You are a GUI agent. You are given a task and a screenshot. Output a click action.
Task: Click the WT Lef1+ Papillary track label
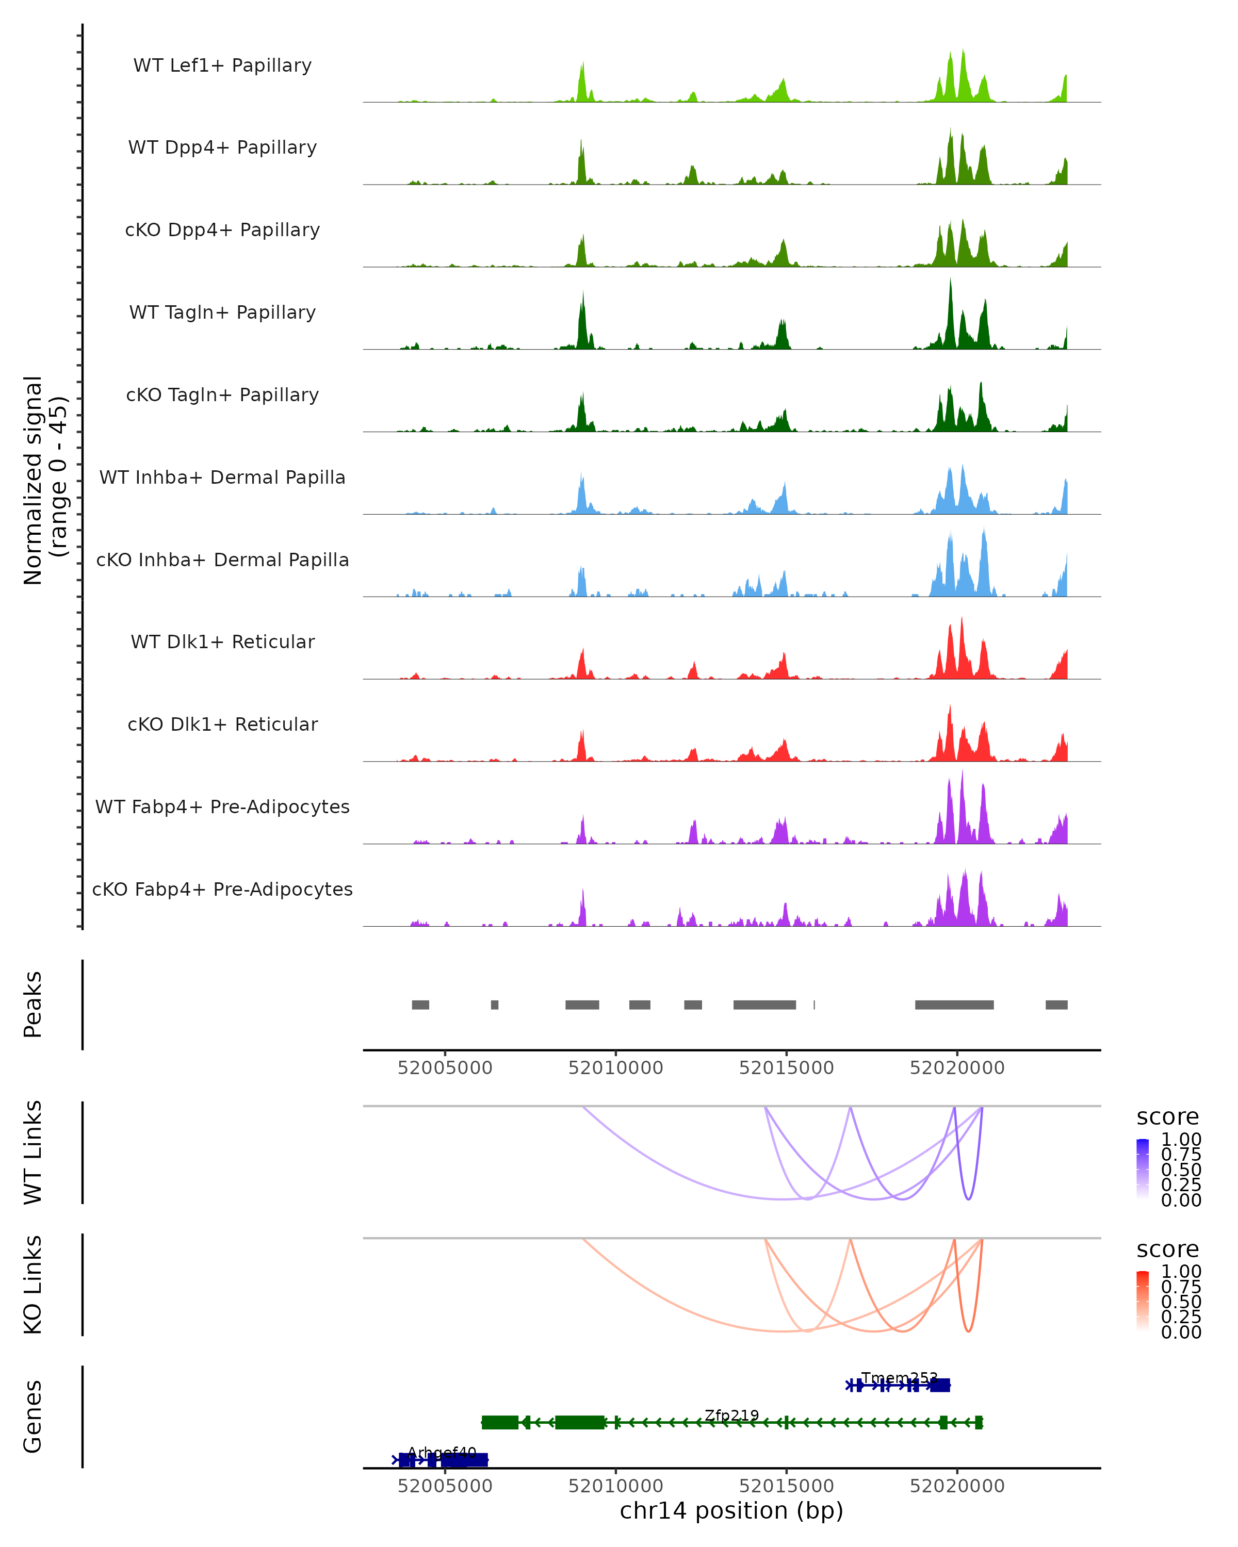222,65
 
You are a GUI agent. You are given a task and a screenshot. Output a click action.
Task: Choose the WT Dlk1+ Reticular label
222,641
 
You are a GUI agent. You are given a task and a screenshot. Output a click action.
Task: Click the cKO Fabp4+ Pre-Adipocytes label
222,889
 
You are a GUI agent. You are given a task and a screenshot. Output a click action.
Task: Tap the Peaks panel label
33,1004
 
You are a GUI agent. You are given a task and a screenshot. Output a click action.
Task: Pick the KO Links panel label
33,1285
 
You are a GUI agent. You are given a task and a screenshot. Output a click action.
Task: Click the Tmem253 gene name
899,1378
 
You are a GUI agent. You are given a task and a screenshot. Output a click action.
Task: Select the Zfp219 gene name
731,1415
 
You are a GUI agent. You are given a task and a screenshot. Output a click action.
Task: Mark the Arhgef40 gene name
442,1452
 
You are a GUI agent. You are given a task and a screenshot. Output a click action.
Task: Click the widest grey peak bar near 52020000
954,1005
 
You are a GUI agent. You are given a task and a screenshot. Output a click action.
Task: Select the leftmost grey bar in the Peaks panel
420,1005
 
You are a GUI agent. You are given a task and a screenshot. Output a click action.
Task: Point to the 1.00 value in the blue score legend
1181,1140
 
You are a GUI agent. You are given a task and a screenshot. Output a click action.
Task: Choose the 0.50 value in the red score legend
1181,1302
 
